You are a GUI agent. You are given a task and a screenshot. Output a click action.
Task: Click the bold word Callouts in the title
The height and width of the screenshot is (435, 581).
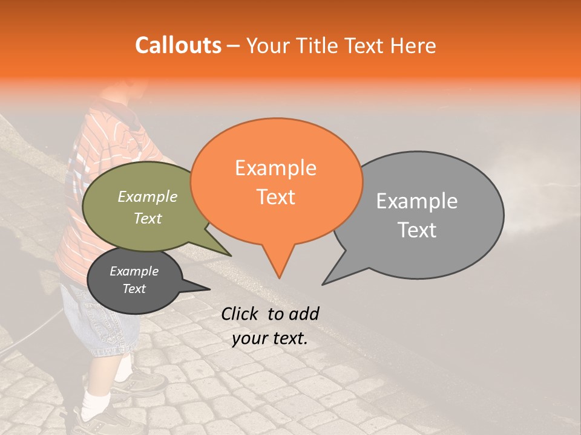coord(178,45)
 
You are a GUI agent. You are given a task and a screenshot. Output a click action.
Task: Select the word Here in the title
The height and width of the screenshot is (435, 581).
coord(413,45)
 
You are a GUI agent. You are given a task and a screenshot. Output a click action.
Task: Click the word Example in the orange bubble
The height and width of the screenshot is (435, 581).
coord(275,168)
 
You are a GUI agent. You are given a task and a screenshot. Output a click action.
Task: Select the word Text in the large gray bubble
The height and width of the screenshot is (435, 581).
coord(417,230)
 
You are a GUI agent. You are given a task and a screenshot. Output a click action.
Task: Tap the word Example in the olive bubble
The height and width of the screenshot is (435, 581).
coord(148,197)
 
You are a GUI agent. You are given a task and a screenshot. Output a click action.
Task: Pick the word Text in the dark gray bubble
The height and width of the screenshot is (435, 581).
coord(134,289)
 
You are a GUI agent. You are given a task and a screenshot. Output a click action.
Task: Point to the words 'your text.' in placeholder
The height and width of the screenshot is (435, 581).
coord(270,338)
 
